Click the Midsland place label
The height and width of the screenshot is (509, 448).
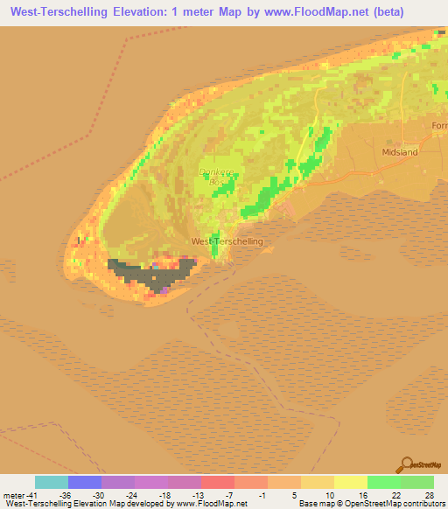click(x=401, y=151)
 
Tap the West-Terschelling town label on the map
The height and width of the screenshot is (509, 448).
click(x=227, y=241)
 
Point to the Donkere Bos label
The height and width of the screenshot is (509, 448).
click(x=214, y=177)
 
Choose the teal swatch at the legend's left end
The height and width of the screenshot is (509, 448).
click(x=51, y=482)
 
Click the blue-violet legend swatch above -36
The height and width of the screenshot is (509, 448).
click(x=84, y=482)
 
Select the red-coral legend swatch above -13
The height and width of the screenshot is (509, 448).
click(x=217, y=482)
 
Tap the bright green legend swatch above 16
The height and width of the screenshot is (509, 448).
click(x=383, y=482)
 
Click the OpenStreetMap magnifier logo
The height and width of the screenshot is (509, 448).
click(x=406, y=465)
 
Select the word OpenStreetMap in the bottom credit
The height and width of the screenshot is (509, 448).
click(x=368, y=505)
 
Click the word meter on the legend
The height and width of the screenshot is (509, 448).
click(x=13, y=494)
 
